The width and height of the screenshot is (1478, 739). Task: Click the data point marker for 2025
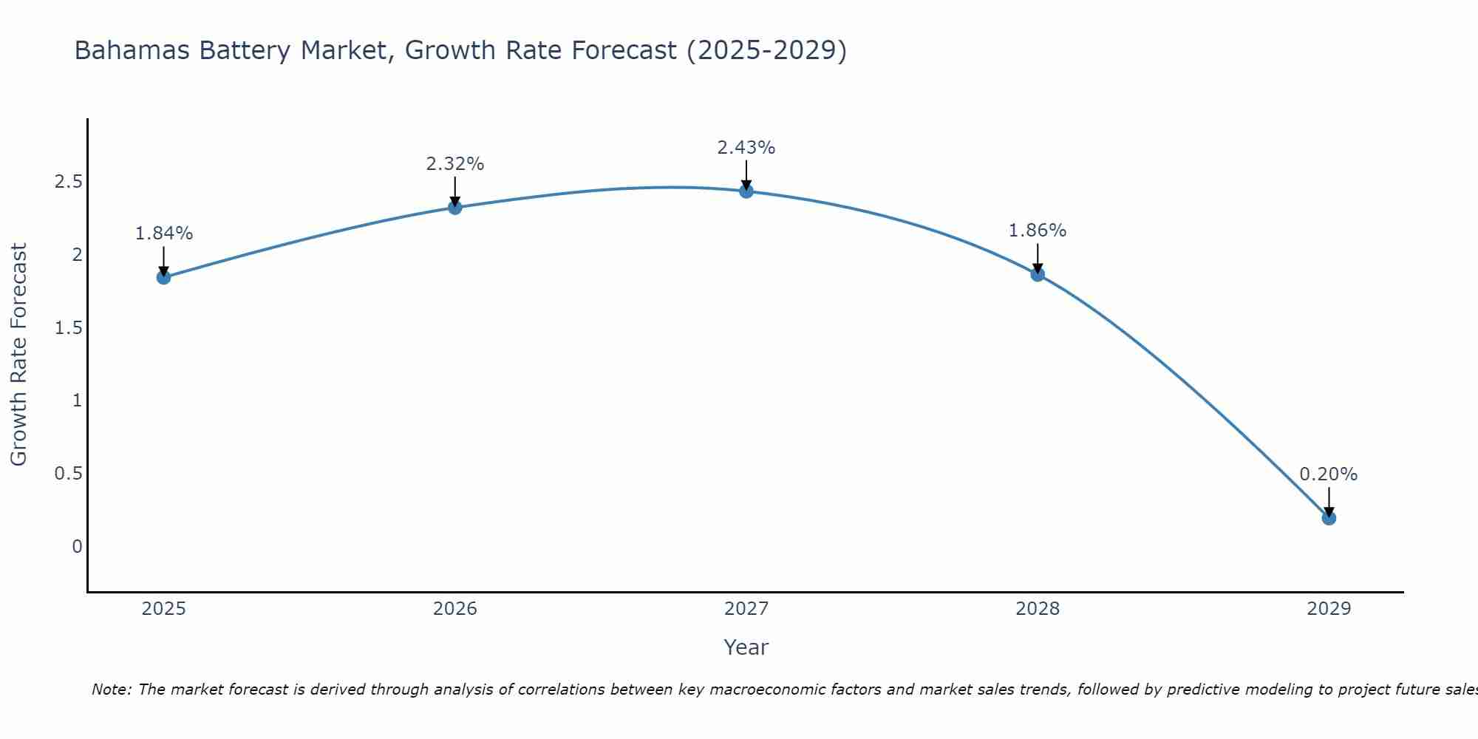pyautogui.click(x=164, y=278)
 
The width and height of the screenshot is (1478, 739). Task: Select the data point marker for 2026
pyautogui.click(x=455, y=208)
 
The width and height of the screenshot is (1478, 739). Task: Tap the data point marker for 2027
pyautogui.click(x=746, y=191)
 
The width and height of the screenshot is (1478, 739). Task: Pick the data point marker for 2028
pyautogui.click(x=1038, y=275)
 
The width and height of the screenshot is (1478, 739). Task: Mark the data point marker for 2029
pyautogui.click(x=1329, y=518)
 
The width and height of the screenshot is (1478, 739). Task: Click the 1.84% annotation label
pyautogui.click(x=164, y=234)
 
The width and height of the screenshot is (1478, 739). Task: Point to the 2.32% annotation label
pyautogui.click(x=455, y=164)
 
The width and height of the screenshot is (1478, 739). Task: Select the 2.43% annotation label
pyautogui.click(x=746, y=148)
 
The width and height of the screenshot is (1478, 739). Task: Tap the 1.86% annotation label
pyautogui.click(x=1038, y=231)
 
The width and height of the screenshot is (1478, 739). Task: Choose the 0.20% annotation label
pyautogui.click(x=1329, y=474)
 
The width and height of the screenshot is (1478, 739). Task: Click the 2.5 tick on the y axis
pyautogui.click(x=68, y=182)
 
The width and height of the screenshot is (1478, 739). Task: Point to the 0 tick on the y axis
pyautogui.click(x=77, y=547)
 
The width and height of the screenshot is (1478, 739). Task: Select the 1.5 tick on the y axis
pyautogui.click(x=68, y=328)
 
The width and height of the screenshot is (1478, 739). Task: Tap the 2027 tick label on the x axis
pyautogui.click(x=746, y=609)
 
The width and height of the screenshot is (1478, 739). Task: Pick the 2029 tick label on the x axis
pyautogui.click(x=1329, y=609)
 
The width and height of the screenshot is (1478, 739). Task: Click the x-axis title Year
pyautogui.click(x=746, y=647)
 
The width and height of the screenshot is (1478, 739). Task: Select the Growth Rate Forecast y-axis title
pyautogui.click(x=18, y=355)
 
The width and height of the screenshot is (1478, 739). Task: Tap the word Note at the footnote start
pyautogui.click(x=111, y=689)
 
